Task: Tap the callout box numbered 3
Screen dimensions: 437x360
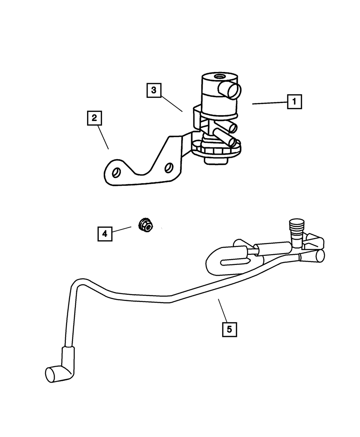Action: (154, 90)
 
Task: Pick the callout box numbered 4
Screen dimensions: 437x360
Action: (105, 234)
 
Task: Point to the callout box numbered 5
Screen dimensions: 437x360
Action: (229, 329)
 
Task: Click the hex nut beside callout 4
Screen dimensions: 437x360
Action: (145, 225)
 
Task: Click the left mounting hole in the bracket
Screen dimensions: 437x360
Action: (116, 172)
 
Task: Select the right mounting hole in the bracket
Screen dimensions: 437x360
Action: (168, 168)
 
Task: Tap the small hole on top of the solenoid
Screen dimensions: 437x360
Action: (219, 77)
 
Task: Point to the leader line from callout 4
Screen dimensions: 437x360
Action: (122, 230)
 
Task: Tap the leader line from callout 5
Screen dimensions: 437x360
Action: (223, 310)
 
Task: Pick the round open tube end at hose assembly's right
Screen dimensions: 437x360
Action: (320, 256)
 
